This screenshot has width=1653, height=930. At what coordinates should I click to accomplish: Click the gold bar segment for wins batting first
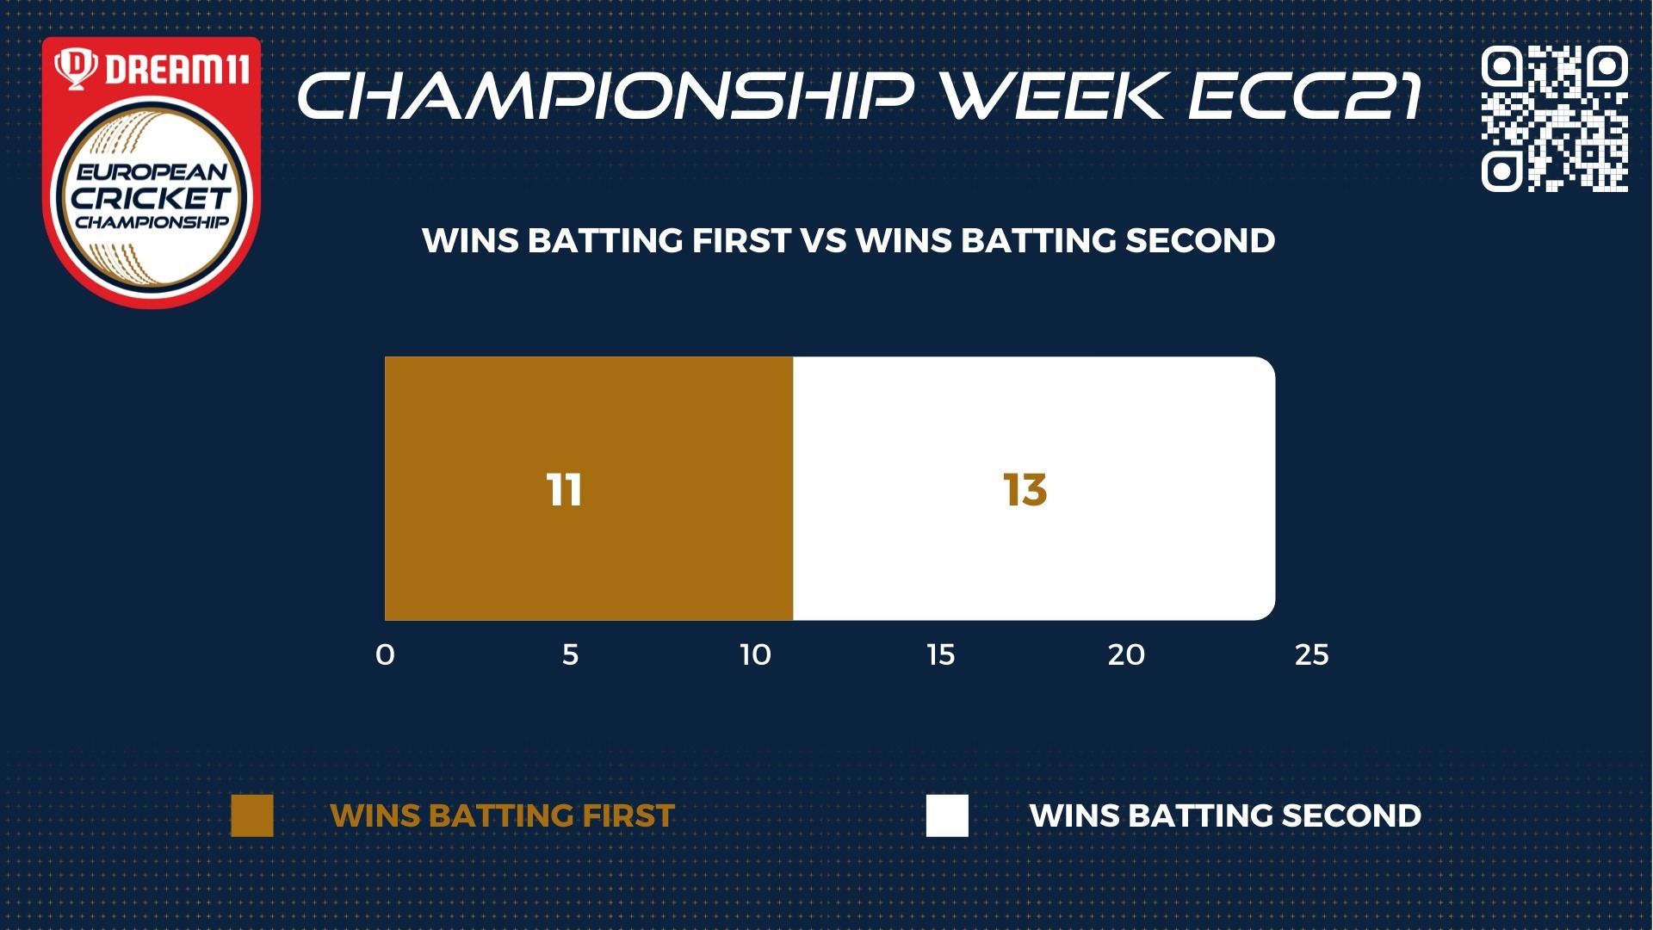(x=589, y=488)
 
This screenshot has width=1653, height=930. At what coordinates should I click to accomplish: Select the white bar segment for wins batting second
(x=1034, y=488)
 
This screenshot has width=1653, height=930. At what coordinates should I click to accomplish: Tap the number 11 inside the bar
(x=565, y=490)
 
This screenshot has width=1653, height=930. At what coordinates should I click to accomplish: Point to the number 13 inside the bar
(x=1025, y=490)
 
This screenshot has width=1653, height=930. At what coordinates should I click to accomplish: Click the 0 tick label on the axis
(x=385, y=655)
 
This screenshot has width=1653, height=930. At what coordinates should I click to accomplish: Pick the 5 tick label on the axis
(x=570, y=655)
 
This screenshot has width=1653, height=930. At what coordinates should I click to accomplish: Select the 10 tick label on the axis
(x=755, y=655)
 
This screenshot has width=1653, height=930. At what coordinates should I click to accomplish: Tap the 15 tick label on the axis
(x=941, y=655)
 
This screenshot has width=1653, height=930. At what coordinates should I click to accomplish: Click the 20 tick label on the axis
(x=1126, y=655)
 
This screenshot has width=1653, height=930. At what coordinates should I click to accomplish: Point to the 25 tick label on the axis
(x=1312, y=655)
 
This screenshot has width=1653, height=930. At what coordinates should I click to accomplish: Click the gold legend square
(x=252, y=815)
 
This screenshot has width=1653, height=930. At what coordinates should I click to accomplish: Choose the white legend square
(x=947, y=815)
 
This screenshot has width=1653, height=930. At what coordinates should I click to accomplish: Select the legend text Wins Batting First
(x=502, y=815)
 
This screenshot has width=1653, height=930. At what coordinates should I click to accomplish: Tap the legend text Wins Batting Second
(x=1225, y=815)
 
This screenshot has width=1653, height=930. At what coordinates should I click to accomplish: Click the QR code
(x=1555, y=118)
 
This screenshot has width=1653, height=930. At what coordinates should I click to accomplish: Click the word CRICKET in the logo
(x=152, y=198)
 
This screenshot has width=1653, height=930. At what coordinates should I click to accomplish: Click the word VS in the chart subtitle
(x=823, y=240)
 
